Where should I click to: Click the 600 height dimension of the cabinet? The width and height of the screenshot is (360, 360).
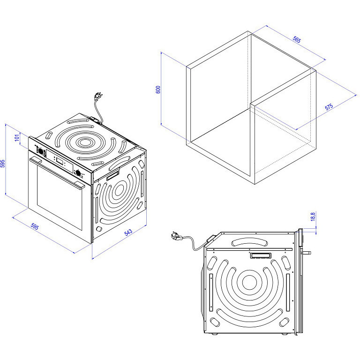(158, 90)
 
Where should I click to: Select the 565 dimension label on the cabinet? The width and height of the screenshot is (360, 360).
(297, 39)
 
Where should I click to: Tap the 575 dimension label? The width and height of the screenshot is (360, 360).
(329, 107)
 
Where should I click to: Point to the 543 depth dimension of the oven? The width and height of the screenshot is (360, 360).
(128, 232)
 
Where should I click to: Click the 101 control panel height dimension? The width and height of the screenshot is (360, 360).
(17, 138)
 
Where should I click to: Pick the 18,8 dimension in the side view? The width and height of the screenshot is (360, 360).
(313, 217)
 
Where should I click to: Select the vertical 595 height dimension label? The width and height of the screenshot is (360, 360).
(2, 164)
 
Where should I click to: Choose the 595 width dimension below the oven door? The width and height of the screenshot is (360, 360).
(35, 226)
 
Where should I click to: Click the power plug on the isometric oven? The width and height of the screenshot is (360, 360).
(98, 96)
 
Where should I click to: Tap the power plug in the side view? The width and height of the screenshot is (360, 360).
(177, 236)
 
